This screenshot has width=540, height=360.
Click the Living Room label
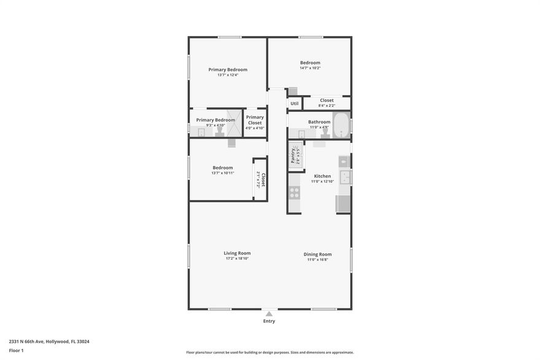click(x=237, y=253)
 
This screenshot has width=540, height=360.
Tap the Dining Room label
click(x=317, y=254)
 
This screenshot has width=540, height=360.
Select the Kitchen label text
click(x=322, y=176)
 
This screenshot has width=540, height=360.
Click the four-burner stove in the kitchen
click(x=295, y=193)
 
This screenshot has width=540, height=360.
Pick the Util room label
click(x=295, y=104)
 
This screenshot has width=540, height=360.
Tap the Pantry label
click(x=293, y=156)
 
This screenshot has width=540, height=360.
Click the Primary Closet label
click(x=255, y=120)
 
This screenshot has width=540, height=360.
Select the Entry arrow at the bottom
click(x=269, y=314)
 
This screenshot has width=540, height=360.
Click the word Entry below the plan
click(x=269, y=321)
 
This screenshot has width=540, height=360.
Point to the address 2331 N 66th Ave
click(x=49, y=342)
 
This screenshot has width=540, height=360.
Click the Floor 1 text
click(x=16, y=350)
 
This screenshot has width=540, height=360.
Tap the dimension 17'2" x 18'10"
click(x=237, y=259)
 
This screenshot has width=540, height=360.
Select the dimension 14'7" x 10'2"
click(x=310, y=68)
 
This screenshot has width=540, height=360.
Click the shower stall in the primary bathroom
click(x=233, y=123)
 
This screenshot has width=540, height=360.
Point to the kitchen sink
click(x=345, y=177)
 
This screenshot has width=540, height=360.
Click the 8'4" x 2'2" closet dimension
click(x=326, y=105)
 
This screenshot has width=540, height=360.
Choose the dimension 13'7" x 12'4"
click(x=228, y=75)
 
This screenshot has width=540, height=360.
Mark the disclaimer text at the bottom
click(x=270, y=352)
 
